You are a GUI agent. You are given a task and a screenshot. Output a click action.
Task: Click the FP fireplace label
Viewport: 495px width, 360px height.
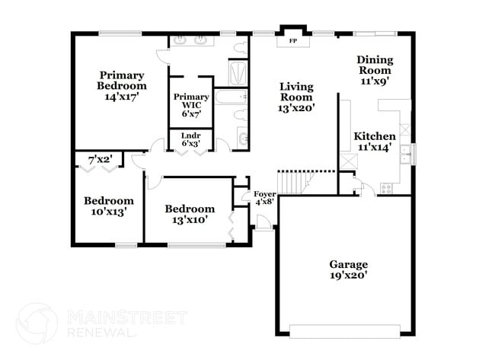pyautogui.click(x=292, y=42)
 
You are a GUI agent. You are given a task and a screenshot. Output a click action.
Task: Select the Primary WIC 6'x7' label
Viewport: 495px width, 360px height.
pyautogui.click(x=191, y=105)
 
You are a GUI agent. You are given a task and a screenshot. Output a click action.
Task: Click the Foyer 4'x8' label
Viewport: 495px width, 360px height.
pyautogui.click(x=264, y=198)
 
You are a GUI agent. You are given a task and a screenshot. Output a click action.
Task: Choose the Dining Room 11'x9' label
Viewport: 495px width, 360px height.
pyautogui.click(x=375, y=70)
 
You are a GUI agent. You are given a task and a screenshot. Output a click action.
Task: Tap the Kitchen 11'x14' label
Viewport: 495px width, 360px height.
pyautogui.click(x=374, y=142)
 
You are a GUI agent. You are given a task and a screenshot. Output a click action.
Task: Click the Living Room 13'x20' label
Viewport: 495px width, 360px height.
pyautogui.click(x=296, y=97)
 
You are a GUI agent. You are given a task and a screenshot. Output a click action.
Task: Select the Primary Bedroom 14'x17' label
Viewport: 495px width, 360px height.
pyautogui.click(x=121, y=86)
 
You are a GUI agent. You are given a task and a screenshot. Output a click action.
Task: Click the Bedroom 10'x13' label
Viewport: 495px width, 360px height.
pyautogui.click(x=109, y=206)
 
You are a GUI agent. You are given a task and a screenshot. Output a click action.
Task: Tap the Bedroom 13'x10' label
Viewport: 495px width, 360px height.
pyautogui.click(x=190, y=214)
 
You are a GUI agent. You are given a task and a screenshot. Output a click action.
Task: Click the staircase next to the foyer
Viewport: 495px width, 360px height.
pyautogui.click(x=292, y=183)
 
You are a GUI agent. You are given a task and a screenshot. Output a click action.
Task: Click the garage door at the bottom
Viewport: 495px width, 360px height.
pyautogui.click(x=345, y=330)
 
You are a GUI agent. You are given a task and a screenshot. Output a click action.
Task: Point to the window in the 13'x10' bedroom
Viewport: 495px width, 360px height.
pyautogui.click(x=196, y=244)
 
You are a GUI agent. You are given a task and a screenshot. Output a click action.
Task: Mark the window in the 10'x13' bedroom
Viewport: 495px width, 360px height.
pyautogui.click(x=126, y=244)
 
